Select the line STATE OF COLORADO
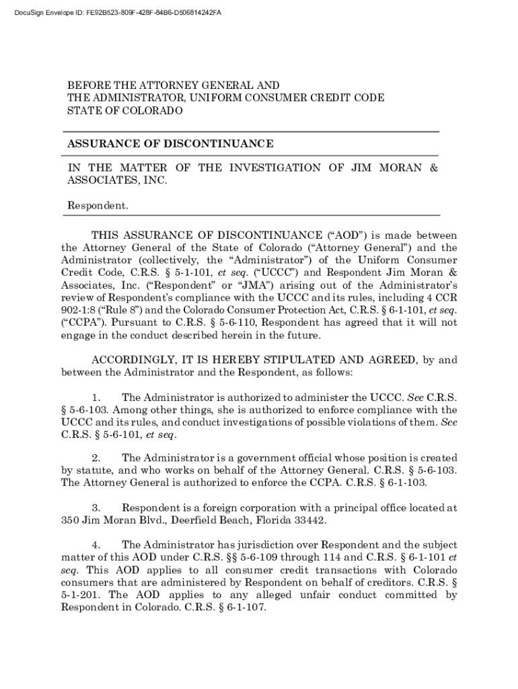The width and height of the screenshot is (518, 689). pyautogui.click(x=124, y=110)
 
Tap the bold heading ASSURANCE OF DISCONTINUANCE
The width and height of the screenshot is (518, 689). pyautogui.click(x=170, y=143)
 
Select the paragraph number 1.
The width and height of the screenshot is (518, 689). pyautogui.click(x=96, y=398)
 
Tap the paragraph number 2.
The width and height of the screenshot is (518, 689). pyautogui.click(x=96, y=458)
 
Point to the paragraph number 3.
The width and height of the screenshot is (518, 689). pyautogui.click(x=96, y=507)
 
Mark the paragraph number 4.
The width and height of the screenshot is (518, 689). pyautogui.click(x=96, y=544)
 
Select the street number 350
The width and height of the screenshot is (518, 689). pyautogui.click(x=70, y=519)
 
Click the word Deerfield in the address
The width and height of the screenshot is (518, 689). pyautogui.click(x=191, y=519)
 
